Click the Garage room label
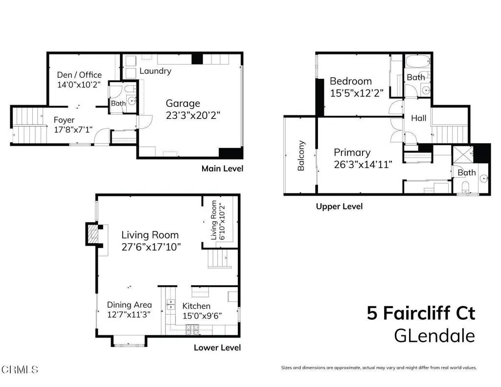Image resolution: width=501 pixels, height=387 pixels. pyautogui.click(x=182, y=103)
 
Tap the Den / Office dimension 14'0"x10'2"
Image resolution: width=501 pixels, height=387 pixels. pyautogui.click(x=79, y=84)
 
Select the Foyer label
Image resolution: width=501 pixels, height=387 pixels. pyautogui.click(x=64, y=120)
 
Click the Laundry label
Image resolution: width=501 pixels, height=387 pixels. pyautogui.click(x=155, y=71)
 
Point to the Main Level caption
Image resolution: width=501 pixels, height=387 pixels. pyautogui.click(x=222, y=168)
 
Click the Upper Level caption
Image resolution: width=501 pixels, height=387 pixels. pyautogui.click(x=339, y=206)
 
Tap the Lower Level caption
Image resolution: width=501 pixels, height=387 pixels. pyautogui.click(x=217, y=348)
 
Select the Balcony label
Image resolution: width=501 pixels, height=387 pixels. pyautogui.click(x=301, y=156)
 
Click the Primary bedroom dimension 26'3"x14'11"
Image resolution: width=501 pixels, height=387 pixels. pyautogui.click(x=363, y=165)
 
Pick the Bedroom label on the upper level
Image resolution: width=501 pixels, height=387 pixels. pyautogui.click(x=350, y=81)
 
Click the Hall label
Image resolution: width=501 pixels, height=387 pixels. pyautogui.click(x=418, y=118)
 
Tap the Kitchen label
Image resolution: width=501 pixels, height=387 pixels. pyautogui.click(x=196, y=306)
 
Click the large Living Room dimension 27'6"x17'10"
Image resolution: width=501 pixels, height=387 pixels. pyautogui.click(x=151, y=247)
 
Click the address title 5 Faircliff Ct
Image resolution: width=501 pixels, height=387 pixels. pyautogui.click(x=421, y=313)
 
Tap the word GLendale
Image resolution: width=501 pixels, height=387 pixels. pyautogui.click(x=434, y=336)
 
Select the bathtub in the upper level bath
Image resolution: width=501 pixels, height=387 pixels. pyautogui.click(x=417, y=62)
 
